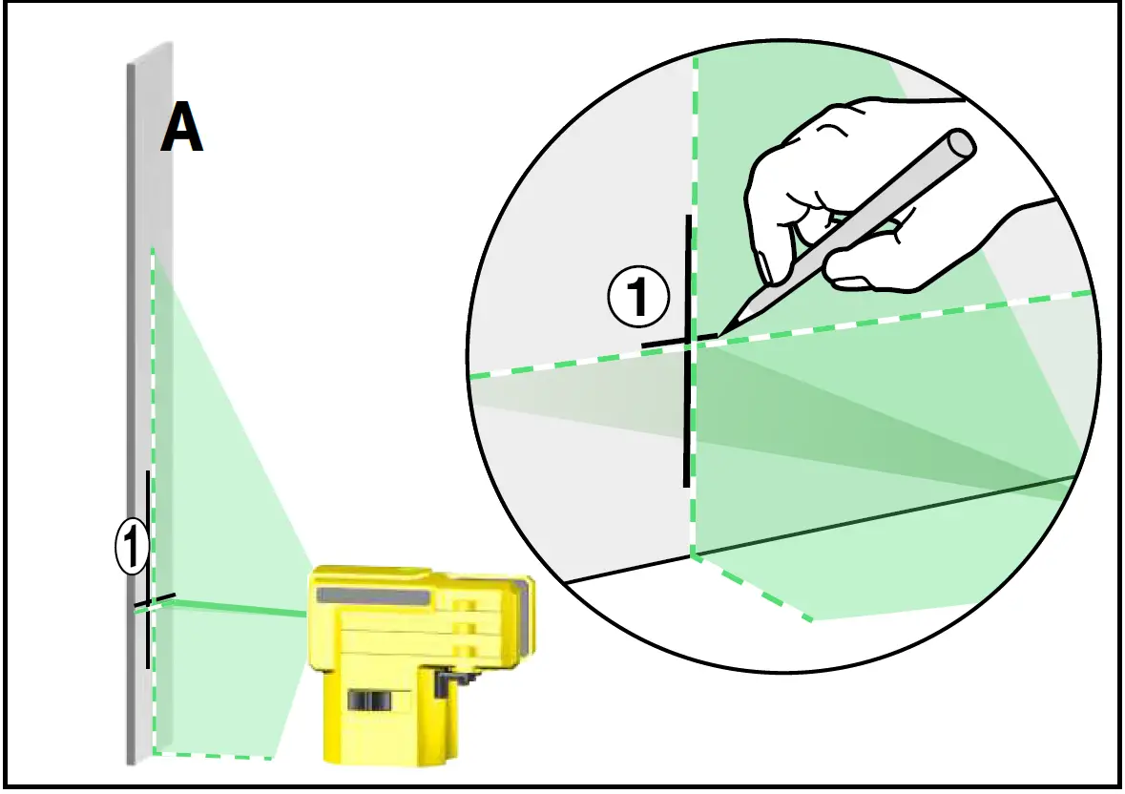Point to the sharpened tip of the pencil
[724, 332]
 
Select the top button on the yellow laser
[465, 605]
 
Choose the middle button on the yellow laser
[465, 628]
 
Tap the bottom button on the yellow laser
[465, 651]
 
